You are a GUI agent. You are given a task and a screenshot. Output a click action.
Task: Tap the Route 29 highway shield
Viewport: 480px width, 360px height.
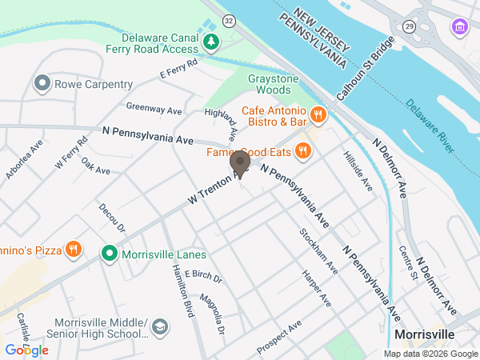pos(409,26)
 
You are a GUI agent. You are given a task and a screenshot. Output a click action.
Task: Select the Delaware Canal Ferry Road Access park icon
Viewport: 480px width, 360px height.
pos(211,42)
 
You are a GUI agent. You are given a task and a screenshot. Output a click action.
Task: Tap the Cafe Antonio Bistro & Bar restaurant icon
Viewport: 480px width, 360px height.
pos(318,115)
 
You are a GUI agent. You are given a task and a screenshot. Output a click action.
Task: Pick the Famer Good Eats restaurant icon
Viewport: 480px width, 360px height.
pos(302,150)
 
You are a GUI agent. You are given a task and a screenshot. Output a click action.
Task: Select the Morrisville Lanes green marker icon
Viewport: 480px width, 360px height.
pos(110,254)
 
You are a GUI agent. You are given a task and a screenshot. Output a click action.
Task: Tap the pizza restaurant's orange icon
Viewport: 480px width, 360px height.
pos(74,250)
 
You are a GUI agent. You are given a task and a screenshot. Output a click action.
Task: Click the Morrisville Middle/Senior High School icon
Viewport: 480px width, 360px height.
pos(160,326)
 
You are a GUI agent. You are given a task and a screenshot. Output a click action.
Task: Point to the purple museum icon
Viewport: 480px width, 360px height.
pos(460,29)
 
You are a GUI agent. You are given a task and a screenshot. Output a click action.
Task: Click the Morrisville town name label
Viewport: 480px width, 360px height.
pos(424,334)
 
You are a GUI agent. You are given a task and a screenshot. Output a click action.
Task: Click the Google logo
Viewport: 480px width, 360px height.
pos(26,350)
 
